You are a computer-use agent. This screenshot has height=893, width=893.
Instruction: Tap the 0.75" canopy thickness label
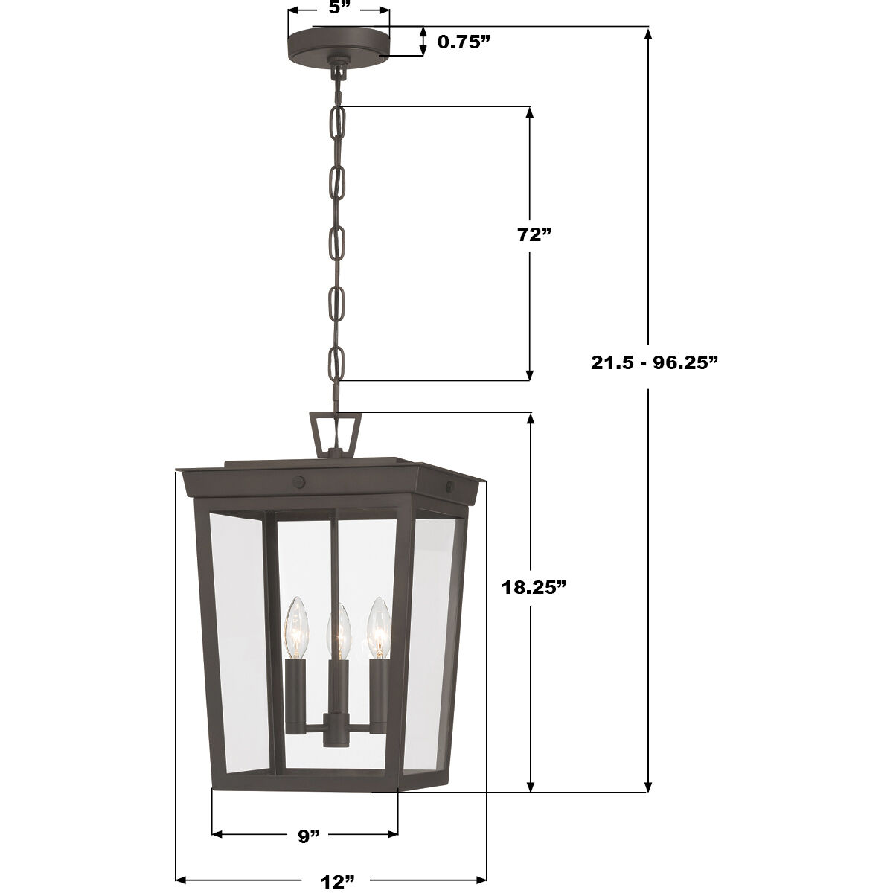coord(464,41)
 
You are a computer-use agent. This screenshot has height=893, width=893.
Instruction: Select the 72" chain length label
coord(534,234)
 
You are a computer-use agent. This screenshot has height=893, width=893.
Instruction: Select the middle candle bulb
coord(339,631)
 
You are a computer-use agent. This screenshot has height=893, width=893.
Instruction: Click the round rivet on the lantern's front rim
coord(298,481)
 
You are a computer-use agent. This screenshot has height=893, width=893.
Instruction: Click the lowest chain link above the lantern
coord(337,365)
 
